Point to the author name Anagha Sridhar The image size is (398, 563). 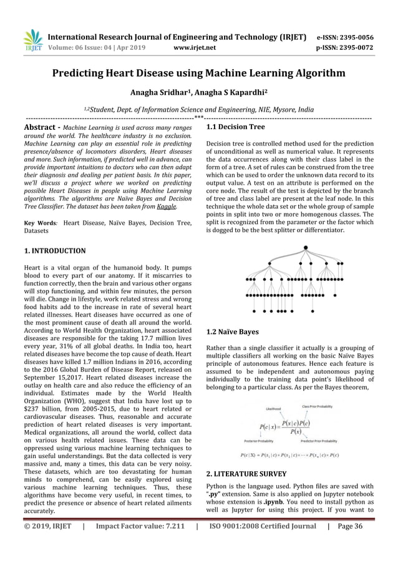click(x=163, y=94)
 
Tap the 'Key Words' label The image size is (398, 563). click(x=38, y=223)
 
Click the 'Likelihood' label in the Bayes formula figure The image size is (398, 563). click(x=273, y=409)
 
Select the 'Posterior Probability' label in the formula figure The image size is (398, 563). click(x=266, y=448)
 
